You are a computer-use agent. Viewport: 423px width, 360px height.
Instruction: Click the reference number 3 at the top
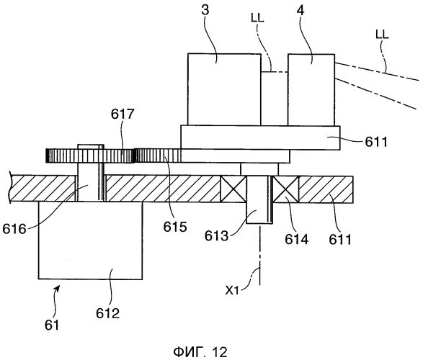(205, 11)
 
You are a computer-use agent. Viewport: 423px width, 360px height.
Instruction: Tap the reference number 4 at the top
(300, 11)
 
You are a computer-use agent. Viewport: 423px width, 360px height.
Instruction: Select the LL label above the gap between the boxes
(257, 18)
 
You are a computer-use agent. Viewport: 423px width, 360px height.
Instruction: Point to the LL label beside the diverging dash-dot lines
(382, 35)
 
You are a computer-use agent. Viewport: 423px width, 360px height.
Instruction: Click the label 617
(123, 114)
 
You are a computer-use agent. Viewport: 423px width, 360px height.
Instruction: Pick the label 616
(14, 229)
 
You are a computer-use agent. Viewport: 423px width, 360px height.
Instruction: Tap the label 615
(175, 227)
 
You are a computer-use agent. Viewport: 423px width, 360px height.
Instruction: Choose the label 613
(216, 236)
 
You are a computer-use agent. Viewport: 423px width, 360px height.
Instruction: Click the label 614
(296, 239)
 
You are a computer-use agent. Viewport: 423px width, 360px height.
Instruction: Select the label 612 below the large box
(108, 313)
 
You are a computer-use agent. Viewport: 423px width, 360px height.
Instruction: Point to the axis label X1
(232, 290)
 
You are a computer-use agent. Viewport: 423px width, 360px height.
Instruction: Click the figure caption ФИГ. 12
(200, 352)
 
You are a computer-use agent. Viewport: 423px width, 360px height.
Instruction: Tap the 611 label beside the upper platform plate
(376, 142)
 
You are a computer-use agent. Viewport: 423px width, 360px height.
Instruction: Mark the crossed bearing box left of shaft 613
(233, 189)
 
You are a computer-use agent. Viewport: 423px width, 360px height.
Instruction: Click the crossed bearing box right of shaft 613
(285, 189)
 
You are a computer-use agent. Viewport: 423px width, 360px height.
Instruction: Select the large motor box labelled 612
(90, 240)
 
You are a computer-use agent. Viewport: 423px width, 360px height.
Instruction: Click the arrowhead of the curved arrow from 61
(58, 289)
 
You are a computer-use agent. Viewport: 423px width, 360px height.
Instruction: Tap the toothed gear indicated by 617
(90, 156)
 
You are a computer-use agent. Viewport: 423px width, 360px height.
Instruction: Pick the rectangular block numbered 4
(311, 90)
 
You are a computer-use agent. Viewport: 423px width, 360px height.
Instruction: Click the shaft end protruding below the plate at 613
(259, 212)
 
